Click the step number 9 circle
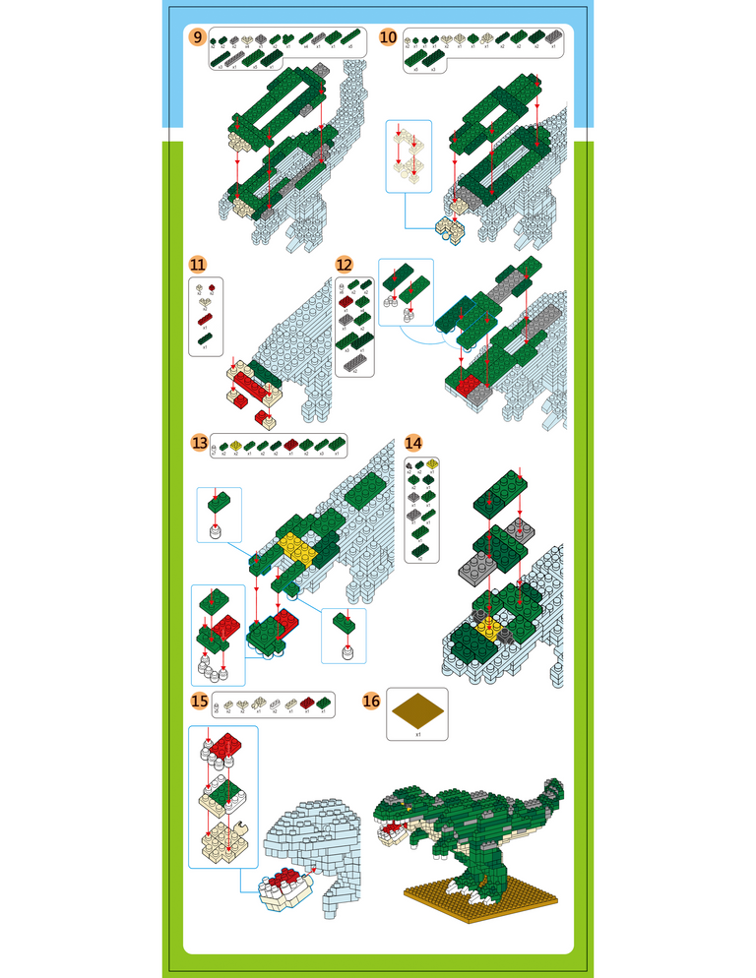tap(198, 37)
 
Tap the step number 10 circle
tap(388, 37)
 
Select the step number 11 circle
tap(198, 265)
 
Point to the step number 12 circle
tap(344, 265)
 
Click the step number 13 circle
tap(200, 444)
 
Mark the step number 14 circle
tap(413, 444)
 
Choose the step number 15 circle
tap(200, 702)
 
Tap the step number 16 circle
tap(371, 702)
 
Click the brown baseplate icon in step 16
tap(417, 708)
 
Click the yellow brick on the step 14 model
tap(485, 624)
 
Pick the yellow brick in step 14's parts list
tap(431, 462)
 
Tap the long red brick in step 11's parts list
tap(205, 320)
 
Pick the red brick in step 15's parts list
tap(306, 703)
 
